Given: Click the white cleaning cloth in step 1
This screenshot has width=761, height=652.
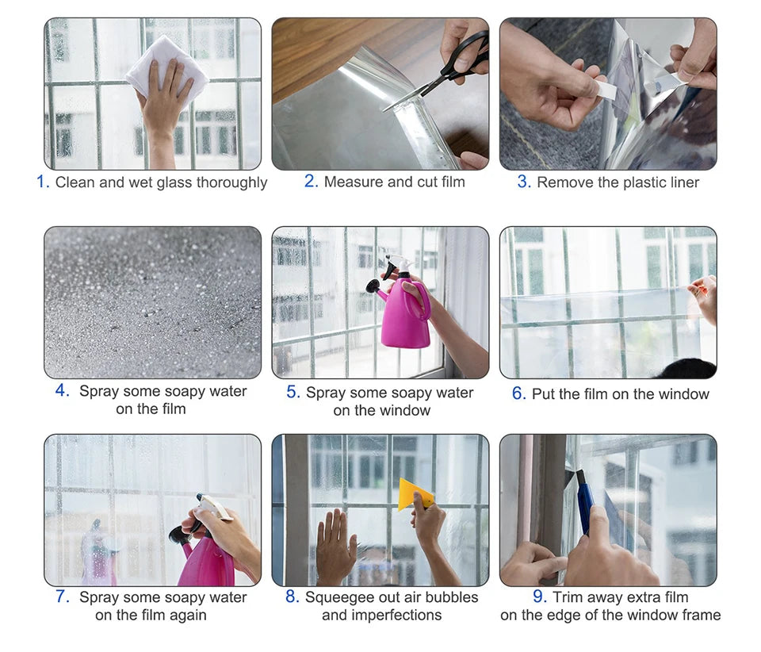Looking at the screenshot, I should pos(166,63).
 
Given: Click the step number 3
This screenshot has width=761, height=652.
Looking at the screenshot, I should pos(523,182).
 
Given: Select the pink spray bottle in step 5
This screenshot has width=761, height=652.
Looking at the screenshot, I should pos(406,314).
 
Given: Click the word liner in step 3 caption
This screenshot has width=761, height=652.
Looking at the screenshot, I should pos(680,182).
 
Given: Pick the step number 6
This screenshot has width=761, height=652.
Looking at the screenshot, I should pos(518,393).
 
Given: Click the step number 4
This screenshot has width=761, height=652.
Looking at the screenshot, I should pos(63,391).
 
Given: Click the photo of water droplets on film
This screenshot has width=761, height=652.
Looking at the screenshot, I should pos(152,302).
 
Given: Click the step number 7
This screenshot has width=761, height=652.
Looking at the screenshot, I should pos(63,596).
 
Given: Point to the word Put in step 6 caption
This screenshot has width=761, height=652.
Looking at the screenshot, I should pos(545,393).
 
